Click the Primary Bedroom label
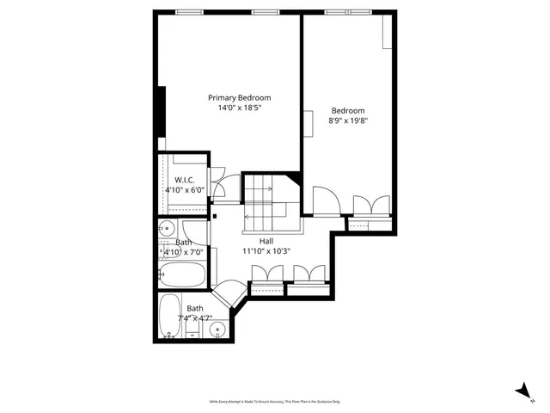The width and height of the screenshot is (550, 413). click(x=239, y=97)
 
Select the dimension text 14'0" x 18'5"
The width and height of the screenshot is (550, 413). click(x=239, y=108)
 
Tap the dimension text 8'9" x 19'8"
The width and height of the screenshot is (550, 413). click(x=348, y=121)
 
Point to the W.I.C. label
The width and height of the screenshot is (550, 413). click(x=185, y=179)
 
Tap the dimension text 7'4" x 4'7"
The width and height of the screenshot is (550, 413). click(x=195, y=317)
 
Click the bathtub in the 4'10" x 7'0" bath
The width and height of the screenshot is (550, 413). click(x=182, y=275)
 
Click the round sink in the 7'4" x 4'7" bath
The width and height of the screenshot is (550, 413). click(x=218, y=329)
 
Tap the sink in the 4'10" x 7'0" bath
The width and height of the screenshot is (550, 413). click(x=167, y=229)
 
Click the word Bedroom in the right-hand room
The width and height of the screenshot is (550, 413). click(x=348, y=110)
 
